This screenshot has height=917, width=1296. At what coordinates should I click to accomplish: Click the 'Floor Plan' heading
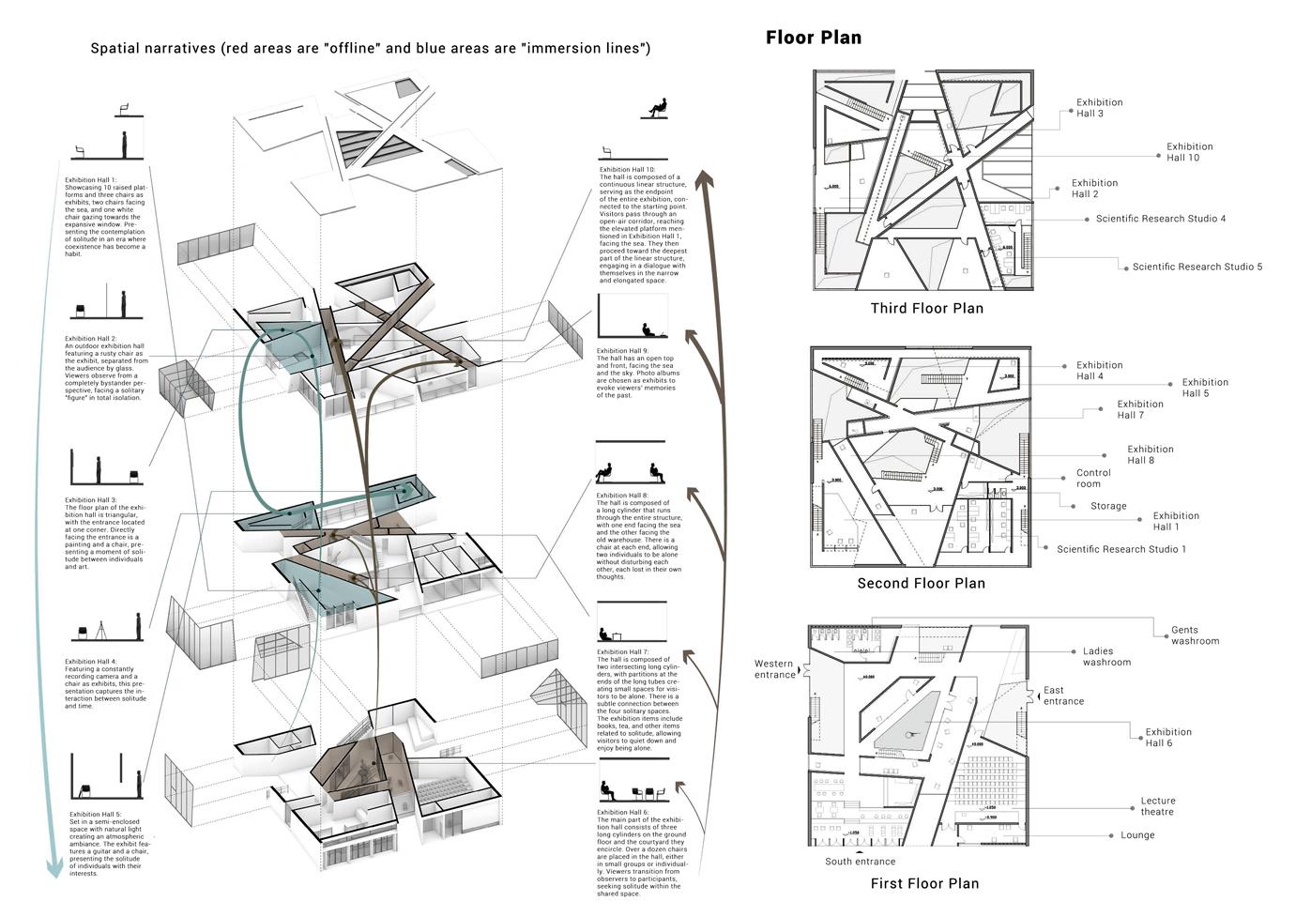(x=813, y=38)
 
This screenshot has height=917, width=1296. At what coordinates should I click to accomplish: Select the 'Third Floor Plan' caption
(x=926, y=308)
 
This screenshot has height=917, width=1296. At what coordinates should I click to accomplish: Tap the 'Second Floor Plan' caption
(x=921, y=583)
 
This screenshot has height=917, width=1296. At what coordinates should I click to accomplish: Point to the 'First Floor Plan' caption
(x=924, y=883)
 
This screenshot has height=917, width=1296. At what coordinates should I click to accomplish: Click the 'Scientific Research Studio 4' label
(x=1160, y=219)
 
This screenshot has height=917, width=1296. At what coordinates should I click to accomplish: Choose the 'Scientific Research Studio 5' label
(x=1197, y=267)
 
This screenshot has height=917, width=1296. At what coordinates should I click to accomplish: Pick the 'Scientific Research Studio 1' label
(x=1121, y=549)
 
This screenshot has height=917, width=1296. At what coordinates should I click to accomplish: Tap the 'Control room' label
(x=1092, y=479)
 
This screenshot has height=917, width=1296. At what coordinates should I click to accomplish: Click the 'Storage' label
(x=1107, y=506)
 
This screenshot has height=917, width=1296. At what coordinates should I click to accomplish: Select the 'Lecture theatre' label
(x=1156, y=806)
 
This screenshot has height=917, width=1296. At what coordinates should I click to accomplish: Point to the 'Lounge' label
(x=1137, y=835)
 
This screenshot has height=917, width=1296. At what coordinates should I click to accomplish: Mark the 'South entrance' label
(x=860, y=862)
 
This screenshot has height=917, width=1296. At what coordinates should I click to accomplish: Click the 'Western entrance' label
(x=774, y=669)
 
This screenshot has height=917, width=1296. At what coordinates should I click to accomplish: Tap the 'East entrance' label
(x=1062, y=695)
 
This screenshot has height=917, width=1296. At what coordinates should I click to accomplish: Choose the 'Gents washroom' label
(x=1195, y=635)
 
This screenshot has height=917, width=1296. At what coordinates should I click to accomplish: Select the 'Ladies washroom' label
(x=1106, y=656)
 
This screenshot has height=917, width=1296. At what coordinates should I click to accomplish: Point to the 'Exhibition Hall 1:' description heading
(x=91, y=179)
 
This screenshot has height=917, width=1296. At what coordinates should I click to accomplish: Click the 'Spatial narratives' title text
(x=153, y=48)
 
